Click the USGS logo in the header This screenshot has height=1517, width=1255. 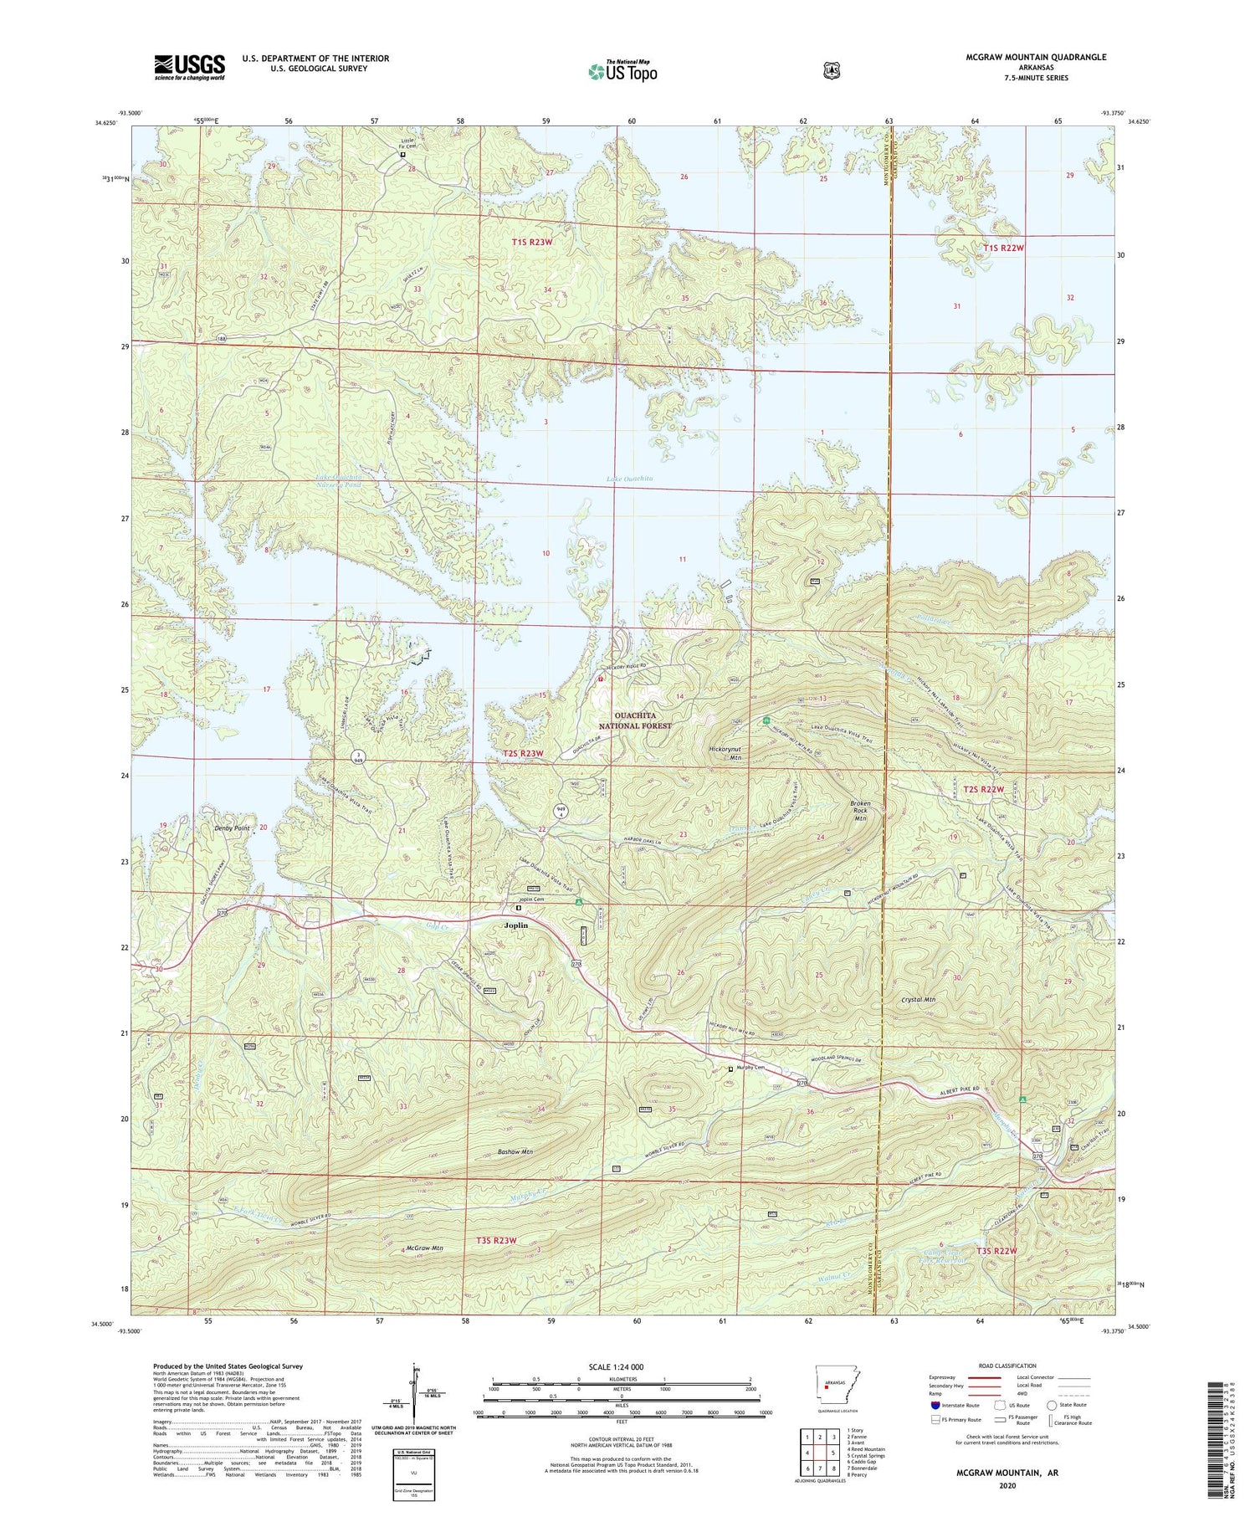[x=189, y=67]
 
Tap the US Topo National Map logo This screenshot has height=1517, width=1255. [x=622, y=71]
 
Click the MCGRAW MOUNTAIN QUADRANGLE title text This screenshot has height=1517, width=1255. [x=1036, y=57]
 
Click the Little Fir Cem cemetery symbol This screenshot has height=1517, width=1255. [x=402, y=155]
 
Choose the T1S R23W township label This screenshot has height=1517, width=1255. [x=532, y=243]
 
